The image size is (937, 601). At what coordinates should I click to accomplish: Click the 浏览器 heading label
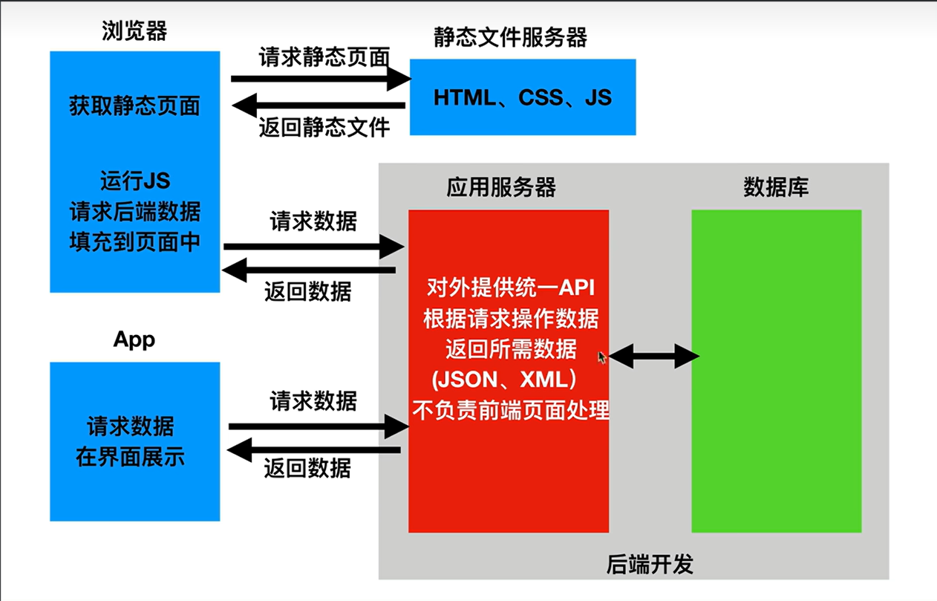pos(134,31)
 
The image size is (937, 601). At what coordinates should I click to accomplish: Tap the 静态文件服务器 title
pos(510,37)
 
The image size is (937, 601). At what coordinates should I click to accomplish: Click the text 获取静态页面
pos(134,106)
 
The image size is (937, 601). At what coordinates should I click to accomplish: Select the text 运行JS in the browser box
pos(134,181)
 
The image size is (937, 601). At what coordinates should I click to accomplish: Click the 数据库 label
pos(776,187)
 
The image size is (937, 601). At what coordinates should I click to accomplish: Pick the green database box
pos(776,371)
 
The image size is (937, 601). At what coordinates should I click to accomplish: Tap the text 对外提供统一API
pos(509,287)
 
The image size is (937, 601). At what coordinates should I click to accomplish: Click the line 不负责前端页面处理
pos(510,410)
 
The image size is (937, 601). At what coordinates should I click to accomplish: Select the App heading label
pos(134,340)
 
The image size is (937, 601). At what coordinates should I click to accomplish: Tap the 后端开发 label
pos(650,565)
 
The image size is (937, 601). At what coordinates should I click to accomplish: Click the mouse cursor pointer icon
pos(602,357)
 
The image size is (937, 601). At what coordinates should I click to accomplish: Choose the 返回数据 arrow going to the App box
pos(314,449)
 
